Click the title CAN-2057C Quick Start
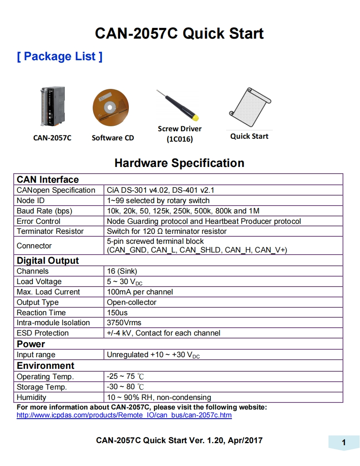point(179,33)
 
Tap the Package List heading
point(59,56)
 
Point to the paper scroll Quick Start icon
point(250,105)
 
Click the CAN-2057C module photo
point(52,107)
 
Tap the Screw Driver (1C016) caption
point(180,134)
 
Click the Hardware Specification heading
point(179,163)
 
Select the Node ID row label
point(31,201)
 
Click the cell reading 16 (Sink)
point(122,271)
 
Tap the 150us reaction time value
point(117,313)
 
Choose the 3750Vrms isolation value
point(124,323)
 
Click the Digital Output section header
point(48,261)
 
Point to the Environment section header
point(45,365)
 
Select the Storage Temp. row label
point(42,387)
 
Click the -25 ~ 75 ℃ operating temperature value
point(126,377)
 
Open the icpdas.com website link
point(124,415)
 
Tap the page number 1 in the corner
point(343,442)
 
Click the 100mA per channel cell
point(140,292)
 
